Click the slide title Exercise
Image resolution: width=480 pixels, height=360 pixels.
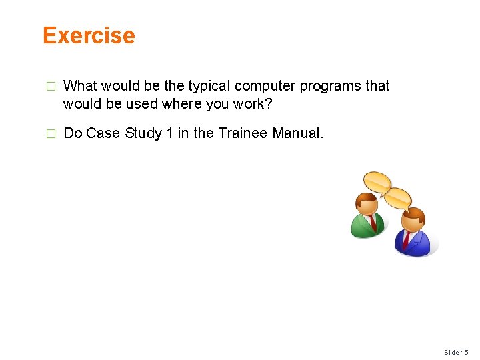[x=89, y=35]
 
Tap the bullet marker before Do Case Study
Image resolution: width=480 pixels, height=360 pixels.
[x=48, y=134]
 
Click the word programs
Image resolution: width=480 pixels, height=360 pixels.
[x=326, y=86]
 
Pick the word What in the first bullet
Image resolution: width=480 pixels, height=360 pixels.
[x=79, y=86]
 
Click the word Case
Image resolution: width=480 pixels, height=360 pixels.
[x=103, y=133]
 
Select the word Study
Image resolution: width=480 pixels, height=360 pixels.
[x=143, y=133]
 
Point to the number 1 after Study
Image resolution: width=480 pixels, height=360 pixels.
[x=170, y=133]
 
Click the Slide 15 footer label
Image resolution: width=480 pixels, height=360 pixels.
[x=456, y=352]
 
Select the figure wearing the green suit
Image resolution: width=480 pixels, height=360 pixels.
[x=367, y=216]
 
